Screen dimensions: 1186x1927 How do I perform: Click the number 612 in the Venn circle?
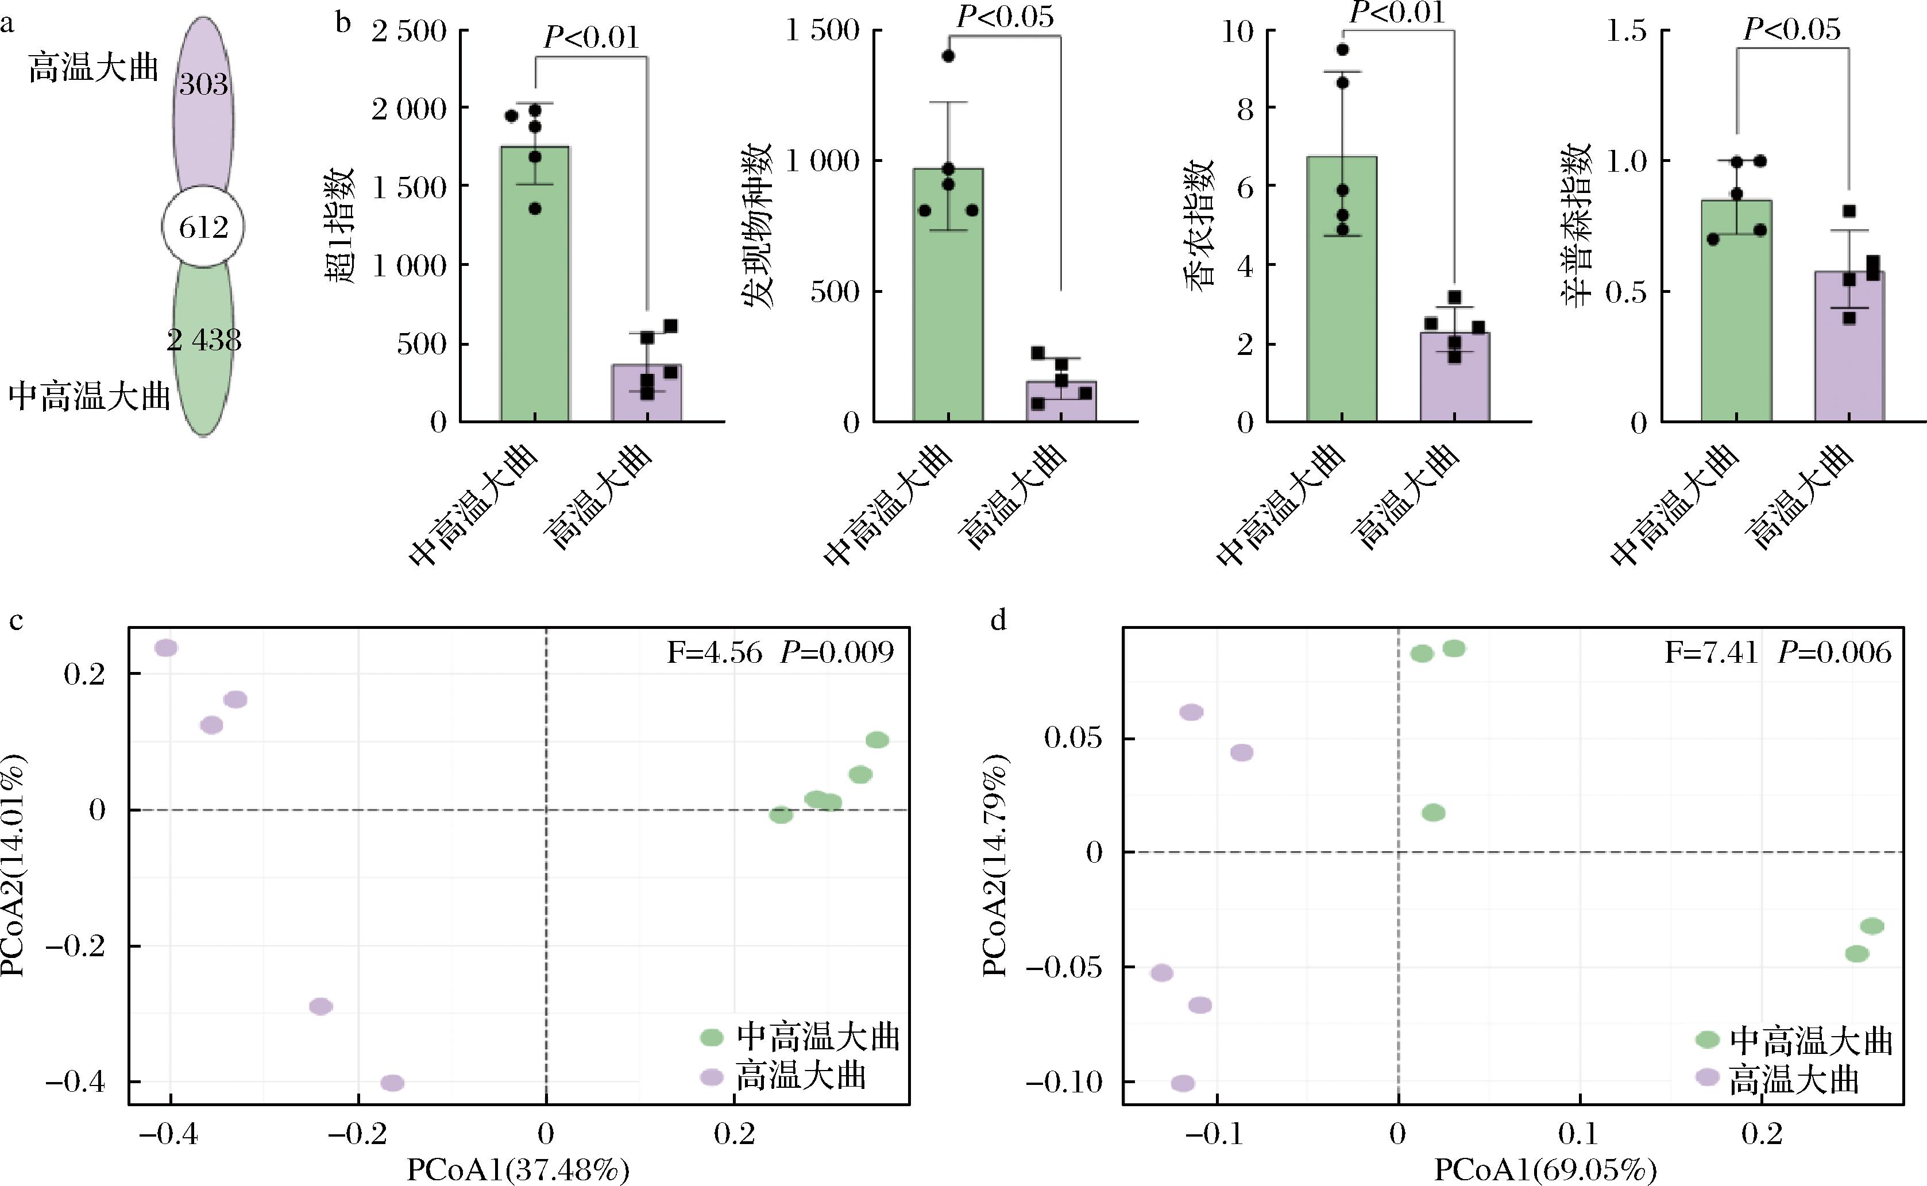pos(203,227)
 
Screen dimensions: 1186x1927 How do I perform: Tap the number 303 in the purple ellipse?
pos(203,84)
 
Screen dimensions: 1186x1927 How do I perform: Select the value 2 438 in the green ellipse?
pos(204,339)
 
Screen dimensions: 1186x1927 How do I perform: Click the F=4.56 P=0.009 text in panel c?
pos(779,652)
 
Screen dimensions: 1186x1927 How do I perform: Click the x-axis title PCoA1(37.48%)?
pos(518,1171)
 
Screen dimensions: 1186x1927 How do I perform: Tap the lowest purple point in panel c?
pos(392,1083)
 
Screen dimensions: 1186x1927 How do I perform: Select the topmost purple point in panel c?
pos(166,648)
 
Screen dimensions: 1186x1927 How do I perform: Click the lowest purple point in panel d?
pos(1183,1083)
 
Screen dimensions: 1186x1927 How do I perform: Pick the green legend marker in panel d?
pos(1708,1040)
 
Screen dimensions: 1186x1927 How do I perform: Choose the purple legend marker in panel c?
pos(711,1077)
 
